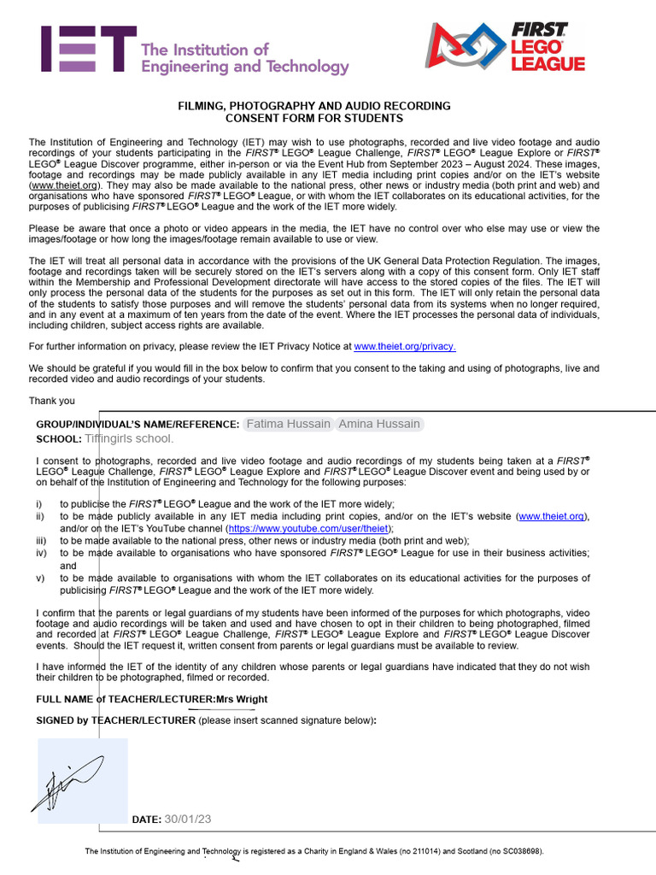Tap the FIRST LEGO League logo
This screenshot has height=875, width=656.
[506, 46]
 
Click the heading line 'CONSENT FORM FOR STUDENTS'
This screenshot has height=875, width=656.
[313, 119]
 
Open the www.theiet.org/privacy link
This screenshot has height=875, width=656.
[405, 346]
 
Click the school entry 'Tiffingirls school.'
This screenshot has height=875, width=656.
[129, 438]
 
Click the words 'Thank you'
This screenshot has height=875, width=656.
[51, 401]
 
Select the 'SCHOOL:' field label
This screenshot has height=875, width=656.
[58, 439]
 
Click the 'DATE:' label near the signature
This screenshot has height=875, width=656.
[146, 820]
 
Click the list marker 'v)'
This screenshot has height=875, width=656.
[40, 578]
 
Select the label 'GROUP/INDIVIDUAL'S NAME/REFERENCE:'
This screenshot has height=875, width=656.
[138, 425]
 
